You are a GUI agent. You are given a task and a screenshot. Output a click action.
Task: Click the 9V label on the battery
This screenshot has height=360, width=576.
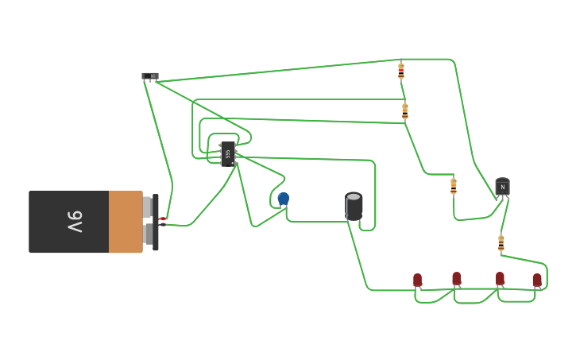coord(74,222)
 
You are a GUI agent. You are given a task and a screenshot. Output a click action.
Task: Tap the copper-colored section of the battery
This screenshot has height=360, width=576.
coord(126,222)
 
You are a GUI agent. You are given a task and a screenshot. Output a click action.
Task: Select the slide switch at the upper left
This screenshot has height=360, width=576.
coord(150,76)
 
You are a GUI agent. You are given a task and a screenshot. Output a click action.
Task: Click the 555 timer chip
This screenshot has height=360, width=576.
coord(228,153)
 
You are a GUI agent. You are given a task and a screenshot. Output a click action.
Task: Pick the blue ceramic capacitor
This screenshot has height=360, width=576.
coord(284,198)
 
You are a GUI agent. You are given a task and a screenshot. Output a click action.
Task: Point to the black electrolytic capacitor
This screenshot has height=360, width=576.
coord(354,206)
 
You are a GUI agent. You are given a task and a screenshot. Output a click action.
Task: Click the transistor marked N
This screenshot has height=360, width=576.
coord(502,187)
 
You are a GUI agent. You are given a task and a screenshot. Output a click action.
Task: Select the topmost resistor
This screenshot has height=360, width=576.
coord(401,71)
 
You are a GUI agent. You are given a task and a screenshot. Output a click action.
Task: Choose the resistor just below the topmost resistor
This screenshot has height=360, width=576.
coord(404,111)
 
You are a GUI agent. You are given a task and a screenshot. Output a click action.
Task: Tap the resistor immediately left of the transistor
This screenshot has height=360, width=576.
coord(454,186)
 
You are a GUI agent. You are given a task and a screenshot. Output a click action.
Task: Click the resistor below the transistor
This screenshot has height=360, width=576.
coord(501,242)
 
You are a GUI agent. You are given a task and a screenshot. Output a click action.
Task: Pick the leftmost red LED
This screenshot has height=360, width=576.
coord(418,280)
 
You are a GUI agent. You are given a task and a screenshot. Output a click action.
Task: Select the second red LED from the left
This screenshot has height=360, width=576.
coord(457,278)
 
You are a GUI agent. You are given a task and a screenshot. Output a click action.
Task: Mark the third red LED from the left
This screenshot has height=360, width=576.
coord(500,278)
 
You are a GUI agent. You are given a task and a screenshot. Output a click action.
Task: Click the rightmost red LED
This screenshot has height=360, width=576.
coord(537,280)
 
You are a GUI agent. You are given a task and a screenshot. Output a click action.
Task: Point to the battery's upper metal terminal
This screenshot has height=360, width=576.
coord(147,207)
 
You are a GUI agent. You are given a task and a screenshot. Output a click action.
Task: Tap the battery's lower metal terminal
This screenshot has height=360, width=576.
coord(148,234)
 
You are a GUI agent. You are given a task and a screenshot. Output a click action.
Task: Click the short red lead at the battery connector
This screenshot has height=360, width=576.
coord(162,219)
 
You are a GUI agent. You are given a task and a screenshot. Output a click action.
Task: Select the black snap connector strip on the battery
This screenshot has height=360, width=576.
coord(156,222)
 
